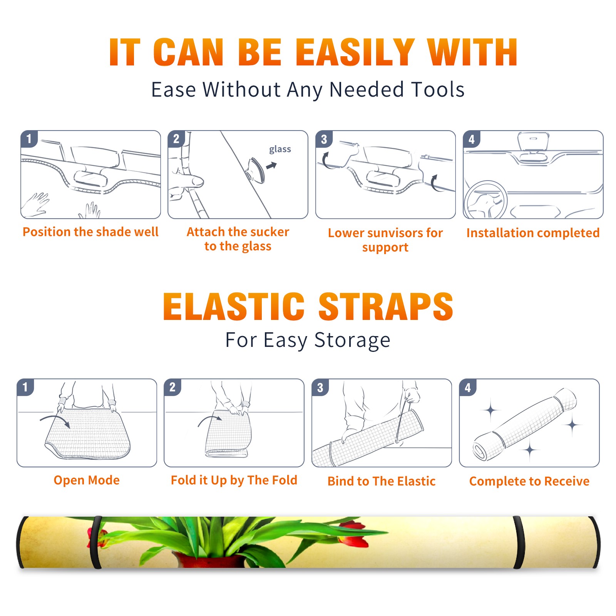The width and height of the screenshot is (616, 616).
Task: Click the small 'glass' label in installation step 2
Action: [280, 149]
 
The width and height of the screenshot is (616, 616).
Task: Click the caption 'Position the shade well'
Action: [90, 232]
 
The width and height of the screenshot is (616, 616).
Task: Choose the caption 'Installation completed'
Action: [533, 233]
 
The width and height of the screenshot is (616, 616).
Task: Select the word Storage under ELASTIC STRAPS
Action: [352, 340]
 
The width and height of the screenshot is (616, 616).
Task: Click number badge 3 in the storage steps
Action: [320, 387]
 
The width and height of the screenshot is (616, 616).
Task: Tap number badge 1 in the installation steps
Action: [29, 139]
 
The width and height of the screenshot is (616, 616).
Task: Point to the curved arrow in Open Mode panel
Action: [55, 420]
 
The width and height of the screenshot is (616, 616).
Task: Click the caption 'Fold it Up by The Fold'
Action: [234, 480]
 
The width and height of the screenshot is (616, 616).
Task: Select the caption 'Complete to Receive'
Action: [529, 481]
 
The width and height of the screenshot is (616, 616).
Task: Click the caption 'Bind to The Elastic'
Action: [382, 481]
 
